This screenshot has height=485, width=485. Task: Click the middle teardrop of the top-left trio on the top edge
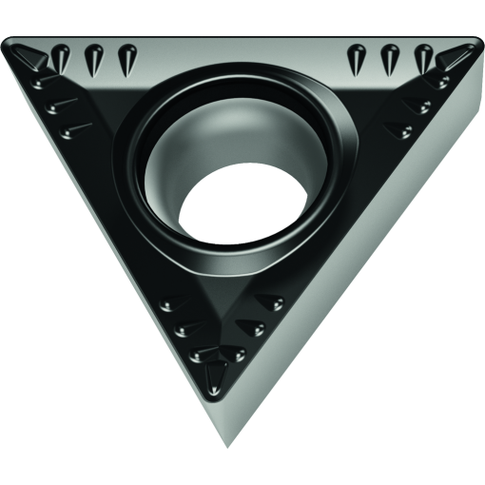92,60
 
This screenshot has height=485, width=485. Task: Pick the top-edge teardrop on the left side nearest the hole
126,59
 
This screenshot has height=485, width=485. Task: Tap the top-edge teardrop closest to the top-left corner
61,59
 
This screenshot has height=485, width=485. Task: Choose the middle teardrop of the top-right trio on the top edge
390,59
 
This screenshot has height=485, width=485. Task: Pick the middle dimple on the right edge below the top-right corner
416,105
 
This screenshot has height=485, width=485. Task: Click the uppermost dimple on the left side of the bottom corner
172,303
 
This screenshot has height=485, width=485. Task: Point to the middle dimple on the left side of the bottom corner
185,329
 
